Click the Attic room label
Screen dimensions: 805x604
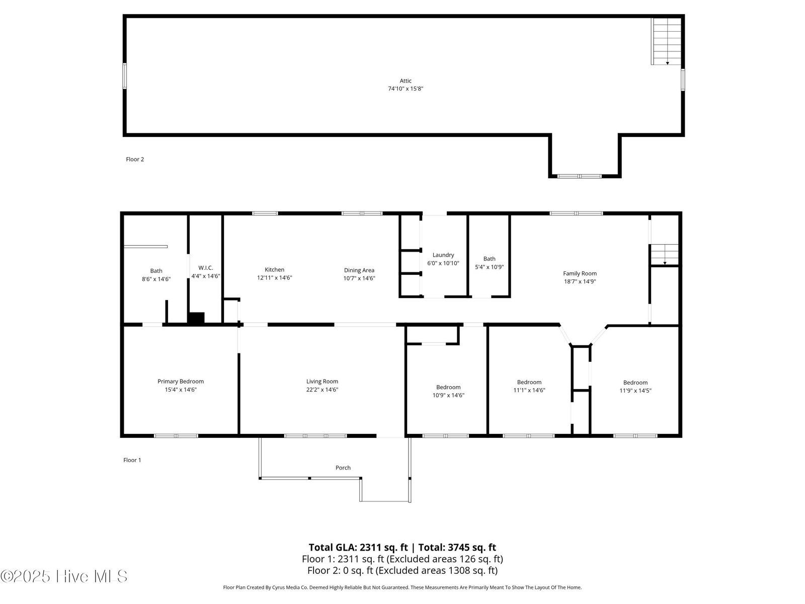click(405, 81)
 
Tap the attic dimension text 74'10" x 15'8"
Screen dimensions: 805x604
click(405, 89)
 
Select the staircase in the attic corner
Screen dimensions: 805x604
click(666, 41)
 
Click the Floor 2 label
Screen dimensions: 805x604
click(135, 159)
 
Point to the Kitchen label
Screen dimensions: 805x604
click(274, 270)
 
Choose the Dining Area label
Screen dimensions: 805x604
click(359, 270)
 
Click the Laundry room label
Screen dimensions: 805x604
click(443, 255)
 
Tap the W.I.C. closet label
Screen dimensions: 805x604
click(205, 268)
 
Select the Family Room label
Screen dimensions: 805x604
click(580, 274)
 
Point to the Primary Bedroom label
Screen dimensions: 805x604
click(181, 382)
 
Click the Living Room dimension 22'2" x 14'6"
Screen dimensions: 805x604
click(322, 390)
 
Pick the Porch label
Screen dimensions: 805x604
click(343, 468)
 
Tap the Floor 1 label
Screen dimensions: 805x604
click(132, 460)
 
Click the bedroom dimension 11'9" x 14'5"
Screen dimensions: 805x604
click(635, 391)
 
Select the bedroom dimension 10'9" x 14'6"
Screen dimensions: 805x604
click(448, 395)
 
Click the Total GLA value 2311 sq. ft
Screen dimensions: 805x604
click(383, 548)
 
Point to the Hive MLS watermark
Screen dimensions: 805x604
click(64, 576)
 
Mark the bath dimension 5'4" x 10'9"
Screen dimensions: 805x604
click(489, 267)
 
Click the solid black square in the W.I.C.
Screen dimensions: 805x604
click(196, 318)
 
